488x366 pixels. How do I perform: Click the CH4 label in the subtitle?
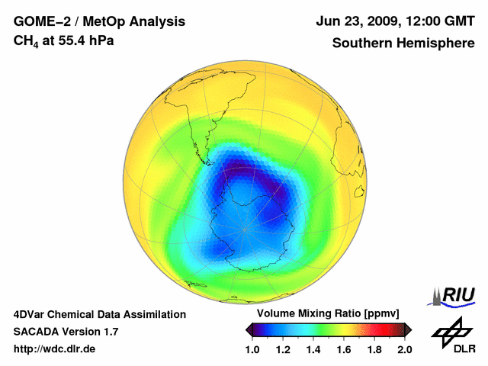tap(25, 40)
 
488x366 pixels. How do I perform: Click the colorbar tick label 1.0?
tap(252, 350)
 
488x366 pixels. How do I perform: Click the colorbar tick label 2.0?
tap(404, 350)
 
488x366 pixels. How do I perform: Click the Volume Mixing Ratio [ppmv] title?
tap(324, 314)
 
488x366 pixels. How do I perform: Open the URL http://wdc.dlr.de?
tap(55, 349)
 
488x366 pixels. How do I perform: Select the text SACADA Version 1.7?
tap(66, 332)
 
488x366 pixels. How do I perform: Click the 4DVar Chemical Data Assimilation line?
tap(99, 314)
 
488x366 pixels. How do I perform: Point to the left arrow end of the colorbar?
tap(248, 329)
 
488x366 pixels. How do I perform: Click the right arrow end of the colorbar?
tap(408, 329)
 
